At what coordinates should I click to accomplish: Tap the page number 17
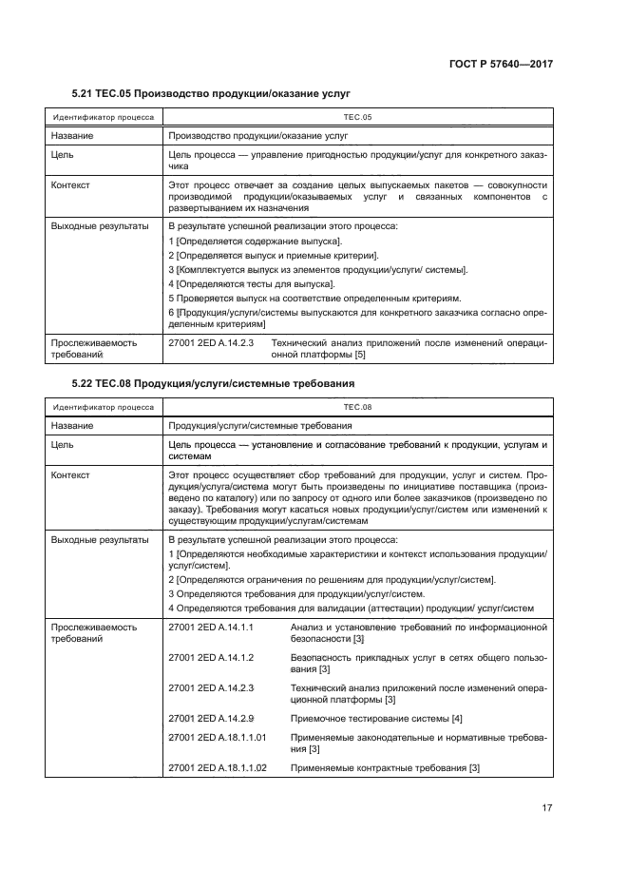click(x=547, y=808)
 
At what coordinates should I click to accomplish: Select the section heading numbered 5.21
click(x=212, y=95)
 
